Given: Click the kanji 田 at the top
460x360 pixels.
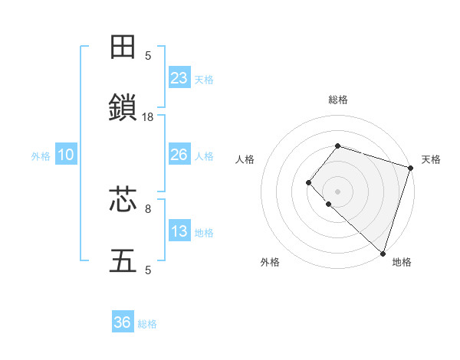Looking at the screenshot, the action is point(123,47).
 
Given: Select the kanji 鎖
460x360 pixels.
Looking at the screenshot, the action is point(123,109).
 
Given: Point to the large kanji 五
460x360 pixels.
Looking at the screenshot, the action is point(123,261).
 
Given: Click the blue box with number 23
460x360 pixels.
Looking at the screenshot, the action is point(179,78).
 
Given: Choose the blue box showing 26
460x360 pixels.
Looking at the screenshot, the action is point(179,155).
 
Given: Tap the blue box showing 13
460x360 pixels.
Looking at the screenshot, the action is point(179,231).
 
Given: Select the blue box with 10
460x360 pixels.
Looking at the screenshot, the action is point(66,155).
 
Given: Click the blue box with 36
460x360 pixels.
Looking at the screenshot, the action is point(123,322).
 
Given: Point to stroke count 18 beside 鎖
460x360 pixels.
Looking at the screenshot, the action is point(148,117).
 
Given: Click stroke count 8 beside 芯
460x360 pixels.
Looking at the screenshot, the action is point(148,208).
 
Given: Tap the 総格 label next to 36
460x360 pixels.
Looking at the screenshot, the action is point(147,324).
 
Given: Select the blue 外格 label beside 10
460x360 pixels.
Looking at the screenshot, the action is point(41,156).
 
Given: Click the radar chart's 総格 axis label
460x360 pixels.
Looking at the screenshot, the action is point(337,100).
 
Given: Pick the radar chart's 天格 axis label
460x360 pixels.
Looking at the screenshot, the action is point(431,159).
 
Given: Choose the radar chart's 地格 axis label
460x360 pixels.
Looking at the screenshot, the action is point(402,263).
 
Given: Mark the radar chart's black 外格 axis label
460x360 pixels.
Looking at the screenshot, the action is point(270,263).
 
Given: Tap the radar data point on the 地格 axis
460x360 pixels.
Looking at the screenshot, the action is point(383,253).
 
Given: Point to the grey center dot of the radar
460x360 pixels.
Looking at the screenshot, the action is point(337,191).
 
